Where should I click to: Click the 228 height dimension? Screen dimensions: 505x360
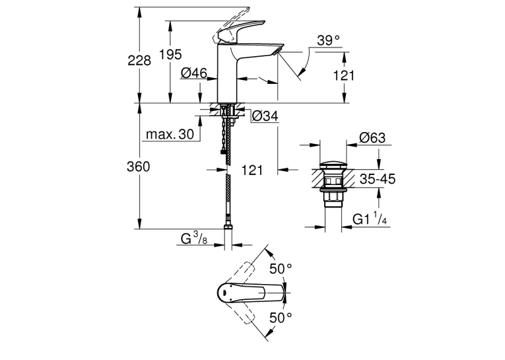click(x=139, y=61)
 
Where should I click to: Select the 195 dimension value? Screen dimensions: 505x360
click(x=170, y=54)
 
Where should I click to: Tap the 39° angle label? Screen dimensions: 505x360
click(x=328, y=40)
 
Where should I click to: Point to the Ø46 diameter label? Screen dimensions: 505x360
click(x=194, y=73)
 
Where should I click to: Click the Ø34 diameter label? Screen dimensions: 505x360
click(x=265, y=116)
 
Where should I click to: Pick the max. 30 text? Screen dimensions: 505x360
click(x=170, y=134)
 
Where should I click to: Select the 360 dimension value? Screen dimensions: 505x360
click(x=139, y=166)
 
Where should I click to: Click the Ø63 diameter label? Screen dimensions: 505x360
click(x=372, y=138)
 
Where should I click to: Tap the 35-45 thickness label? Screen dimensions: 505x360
click(x=378, y=179)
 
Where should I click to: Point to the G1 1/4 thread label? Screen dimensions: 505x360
click(x=370, y=218)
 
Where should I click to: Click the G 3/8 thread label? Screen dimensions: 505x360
click(x=194, y=238)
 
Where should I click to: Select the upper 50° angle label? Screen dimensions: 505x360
click(x=281, y=269)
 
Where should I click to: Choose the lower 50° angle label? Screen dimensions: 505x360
click(x=281, y=318)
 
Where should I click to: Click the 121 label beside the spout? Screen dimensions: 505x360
click(x=343, y=76)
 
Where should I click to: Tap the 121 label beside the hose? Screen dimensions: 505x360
click(x=252, y=170)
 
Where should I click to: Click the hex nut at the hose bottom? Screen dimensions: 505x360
click(x=228, y=227)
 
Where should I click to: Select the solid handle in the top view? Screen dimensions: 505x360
click(x=252, y=293)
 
